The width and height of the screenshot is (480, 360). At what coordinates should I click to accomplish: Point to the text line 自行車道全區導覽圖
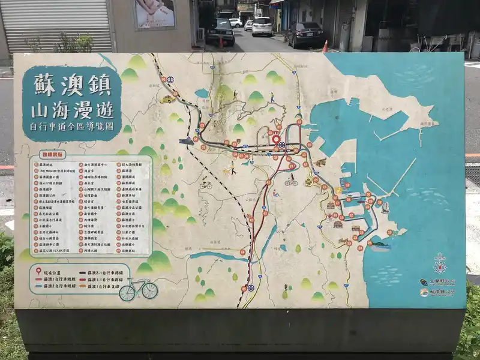(x=71, y=127)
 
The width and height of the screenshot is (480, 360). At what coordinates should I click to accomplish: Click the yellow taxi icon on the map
(x=167, y=100)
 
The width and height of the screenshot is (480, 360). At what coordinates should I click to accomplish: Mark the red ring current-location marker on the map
(x=276, y=139)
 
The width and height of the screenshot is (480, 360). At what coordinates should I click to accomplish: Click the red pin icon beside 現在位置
(x=39, y=271)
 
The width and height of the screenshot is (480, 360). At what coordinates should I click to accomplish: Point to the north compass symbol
(x=440, y=264)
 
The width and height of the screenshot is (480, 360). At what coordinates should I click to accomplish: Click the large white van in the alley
(x=262, y=26)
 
